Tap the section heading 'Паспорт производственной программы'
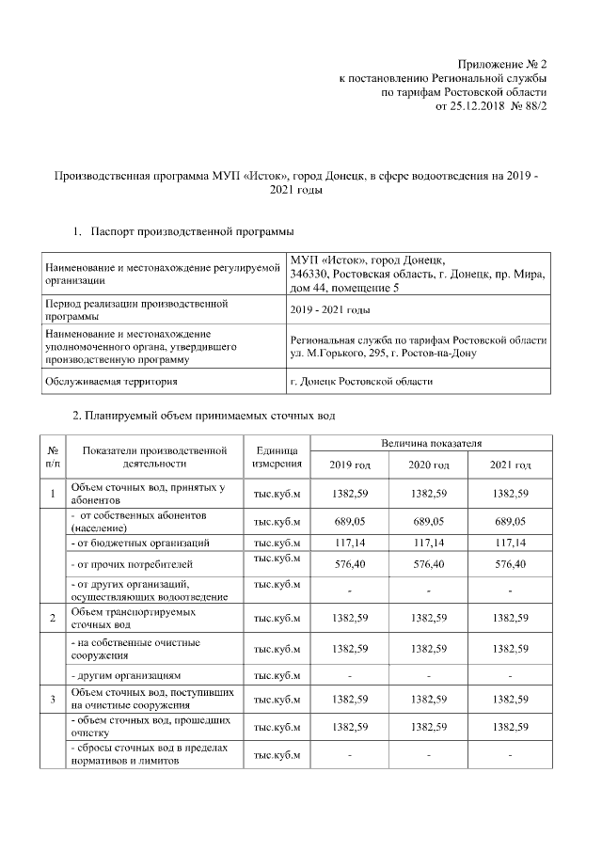coord(192,231)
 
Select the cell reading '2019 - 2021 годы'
coord(330,309)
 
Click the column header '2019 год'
coord(350,465)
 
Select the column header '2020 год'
coord(429,465)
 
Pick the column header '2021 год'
coord(510,465)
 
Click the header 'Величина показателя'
coord(430,442)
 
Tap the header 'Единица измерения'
coord(277,457)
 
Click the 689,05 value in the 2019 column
coord(350,522)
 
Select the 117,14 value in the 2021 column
coord(510,543)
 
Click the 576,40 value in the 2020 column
coord(429,564)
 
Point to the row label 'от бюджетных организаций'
coord(140,543)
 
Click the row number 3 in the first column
coord(53,699)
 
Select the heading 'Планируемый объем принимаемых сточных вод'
coord(203,414)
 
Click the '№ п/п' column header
coord(53,457)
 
